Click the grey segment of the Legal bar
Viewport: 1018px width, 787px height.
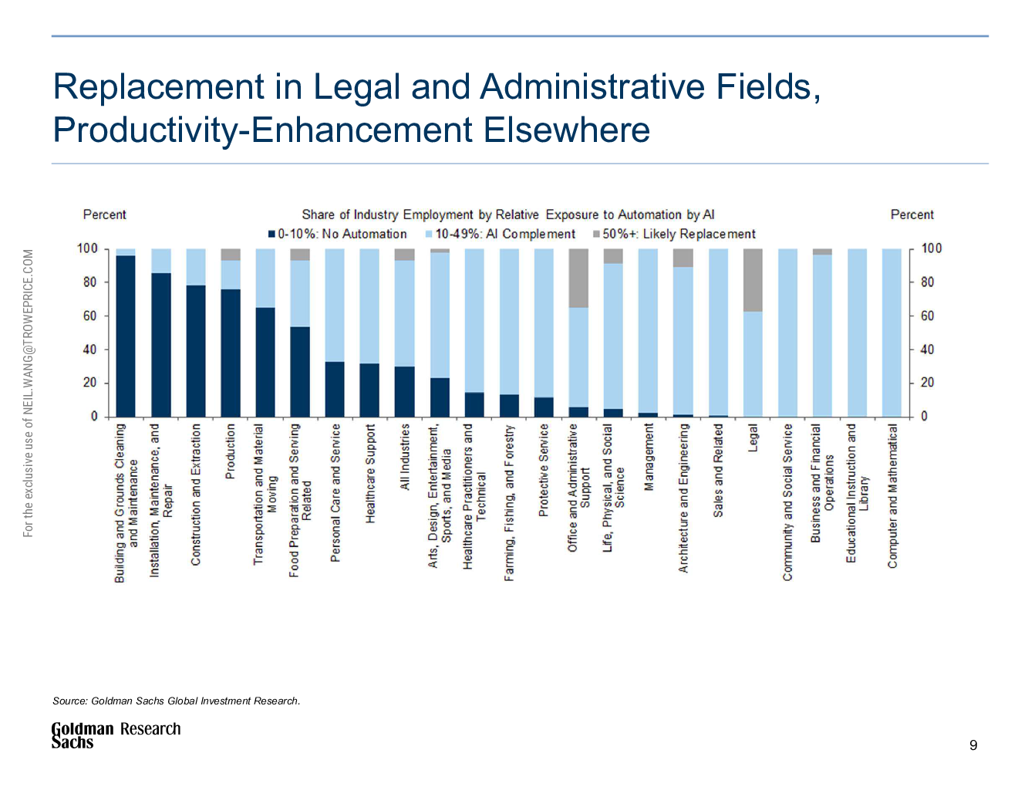pyautogui.click(x=753, y=279)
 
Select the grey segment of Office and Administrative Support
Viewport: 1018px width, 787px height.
pyautogui.click(x=578, y=278)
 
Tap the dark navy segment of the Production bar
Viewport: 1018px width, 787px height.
pyautogui.click(x=231, y=353)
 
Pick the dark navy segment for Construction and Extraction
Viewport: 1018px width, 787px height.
pyautogui.click(x=196, y=351)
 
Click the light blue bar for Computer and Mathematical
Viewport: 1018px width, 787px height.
pyautogui.click(x=892, y=332)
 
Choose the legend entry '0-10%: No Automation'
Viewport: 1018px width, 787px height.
pyautogui.click(x=337, y=234)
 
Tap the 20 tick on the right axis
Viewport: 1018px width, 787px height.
pyautogui.click(x=926, y=383)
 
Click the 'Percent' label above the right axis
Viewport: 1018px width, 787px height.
pyautogui.click(x=912, y=214)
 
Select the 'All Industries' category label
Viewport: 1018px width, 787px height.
pyautogui.click(x=405, y=457)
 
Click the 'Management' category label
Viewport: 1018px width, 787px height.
pyautogui.click(x=649, y=456)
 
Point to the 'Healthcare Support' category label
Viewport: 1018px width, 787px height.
pyautogui.click(x=370, y=473)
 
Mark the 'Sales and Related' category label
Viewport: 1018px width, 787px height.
pyautogui.click(x=718, y=470)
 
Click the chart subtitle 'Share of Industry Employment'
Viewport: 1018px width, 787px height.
pyautogui.click(x=507, y=214)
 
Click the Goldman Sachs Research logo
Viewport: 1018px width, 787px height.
pyautogui.click(x=116, y=735)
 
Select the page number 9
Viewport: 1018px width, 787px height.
pyautogui.click(x=973, y=745)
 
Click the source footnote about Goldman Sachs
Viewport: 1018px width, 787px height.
pyautogui.click(x=176, y=701)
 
